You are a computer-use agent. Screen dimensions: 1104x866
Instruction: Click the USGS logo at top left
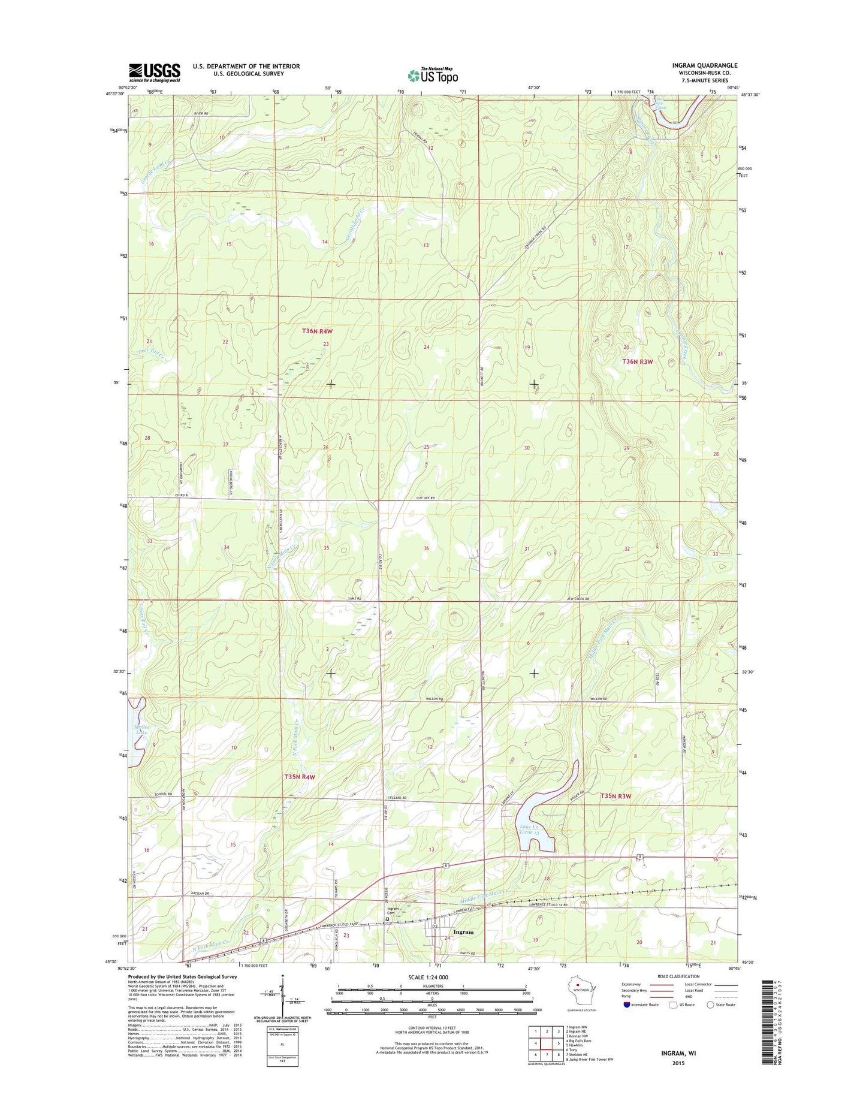pos(154,73)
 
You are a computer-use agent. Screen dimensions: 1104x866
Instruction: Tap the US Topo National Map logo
pos(433,75)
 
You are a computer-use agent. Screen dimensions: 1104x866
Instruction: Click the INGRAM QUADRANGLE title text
pos(704,65)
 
